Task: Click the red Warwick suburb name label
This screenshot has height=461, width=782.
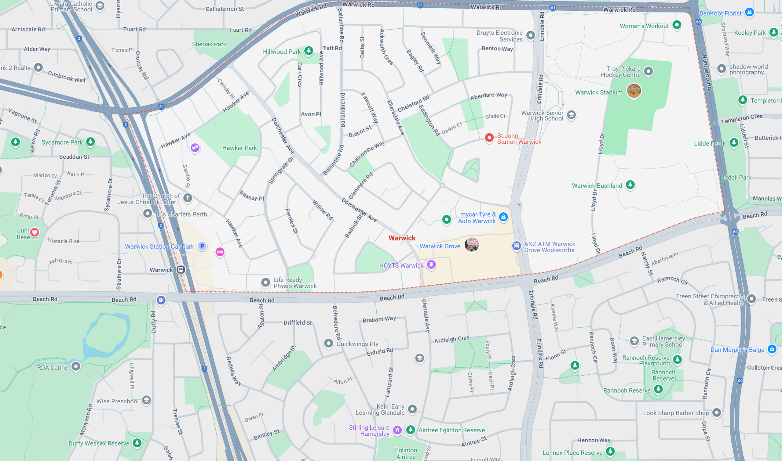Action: pos(402,238)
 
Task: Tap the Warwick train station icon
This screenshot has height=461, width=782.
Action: pos(181,270)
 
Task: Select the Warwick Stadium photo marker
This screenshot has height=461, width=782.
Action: pos(634,90)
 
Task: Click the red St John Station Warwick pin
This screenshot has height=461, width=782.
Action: pos(489,137)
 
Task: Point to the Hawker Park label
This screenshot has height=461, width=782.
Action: pos(239,148)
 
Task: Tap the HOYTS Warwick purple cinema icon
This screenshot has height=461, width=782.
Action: pos(431,265)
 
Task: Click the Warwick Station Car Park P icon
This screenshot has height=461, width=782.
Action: pos(202,246)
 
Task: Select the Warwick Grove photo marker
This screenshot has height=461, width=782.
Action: pos(471,244)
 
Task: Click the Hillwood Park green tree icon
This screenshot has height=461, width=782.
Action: pos(309,50)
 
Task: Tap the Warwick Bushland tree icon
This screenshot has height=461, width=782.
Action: pos(630,185)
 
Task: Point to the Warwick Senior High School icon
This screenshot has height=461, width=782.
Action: pos(571,115)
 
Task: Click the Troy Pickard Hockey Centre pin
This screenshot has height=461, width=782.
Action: pos(648,71)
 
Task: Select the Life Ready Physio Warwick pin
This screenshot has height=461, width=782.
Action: pos(265,283)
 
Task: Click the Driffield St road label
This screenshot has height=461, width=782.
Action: pos(297,322)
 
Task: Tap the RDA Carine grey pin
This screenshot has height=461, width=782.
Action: pos(75,366)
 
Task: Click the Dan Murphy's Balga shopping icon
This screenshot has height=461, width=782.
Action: pos(772,349)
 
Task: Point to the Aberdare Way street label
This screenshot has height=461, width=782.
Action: pos(488,96)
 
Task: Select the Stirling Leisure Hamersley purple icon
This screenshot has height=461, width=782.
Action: pos(397,430)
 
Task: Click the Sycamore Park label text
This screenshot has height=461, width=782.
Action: pos(62,142)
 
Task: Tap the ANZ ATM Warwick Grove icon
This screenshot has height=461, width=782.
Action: pos(516,246)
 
